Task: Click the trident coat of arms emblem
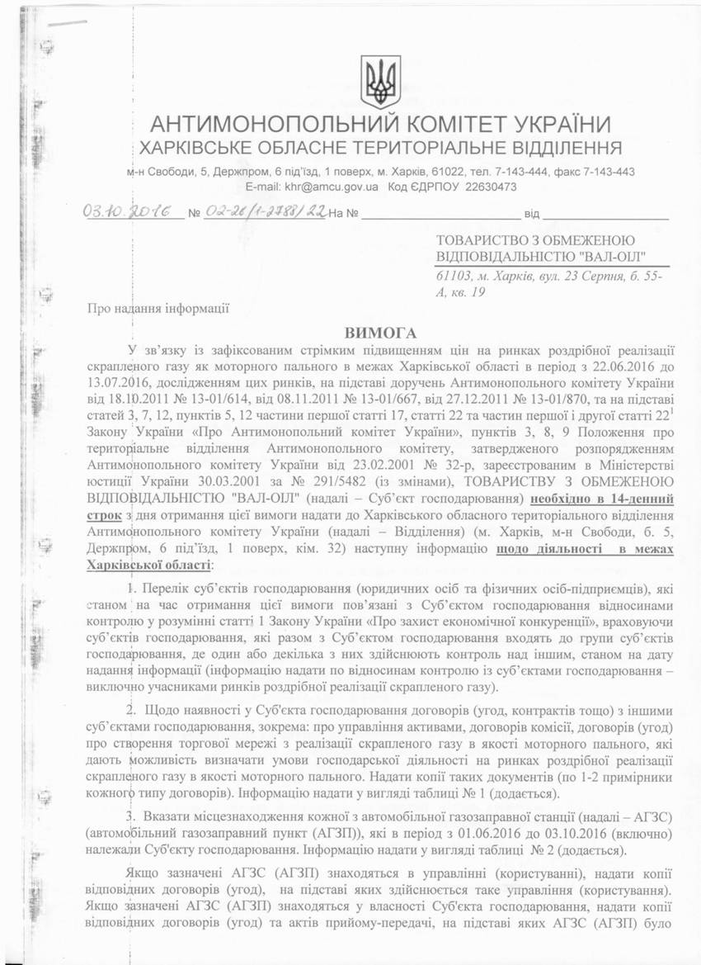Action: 381,82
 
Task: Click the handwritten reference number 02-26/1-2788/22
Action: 265,213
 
